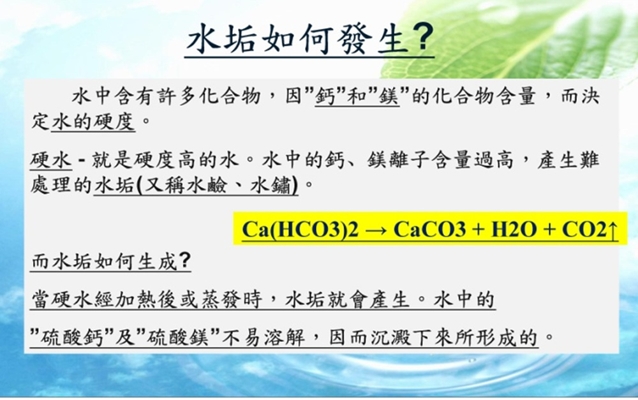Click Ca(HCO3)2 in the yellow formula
[x=300, y=230]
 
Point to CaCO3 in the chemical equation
[x=429, y=229]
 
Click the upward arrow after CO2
[x=612, y=230]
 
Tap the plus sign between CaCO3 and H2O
[x=478, y=230]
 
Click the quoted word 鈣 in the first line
[x=325, y=96]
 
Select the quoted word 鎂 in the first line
[x=389, y=96]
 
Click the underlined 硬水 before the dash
[x=51, y=159]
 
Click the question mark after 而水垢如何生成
[x=184, y=260]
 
